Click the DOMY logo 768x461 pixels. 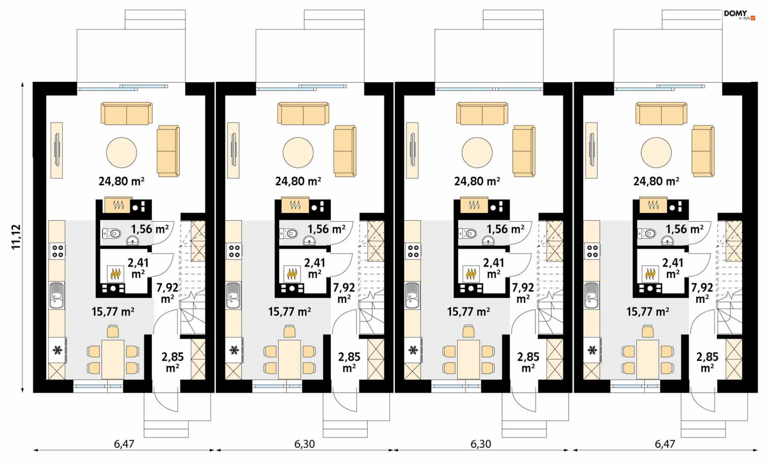pos(739,15)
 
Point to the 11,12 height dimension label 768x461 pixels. pos(16,237)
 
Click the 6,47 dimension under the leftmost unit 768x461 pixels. pos(124,444)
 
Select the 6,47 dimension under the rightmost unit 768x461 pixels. pos(665,444)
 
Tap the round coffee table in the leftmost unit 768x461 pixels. pos(122,152)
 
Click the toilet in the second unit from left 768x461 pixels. pos(289,233)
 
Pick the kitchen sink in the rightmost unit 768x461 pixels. pos(591,295)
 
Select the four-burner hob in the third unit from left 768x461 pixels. pos(413,251)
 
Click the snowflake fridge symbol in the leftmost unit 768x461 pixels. pos(58,350)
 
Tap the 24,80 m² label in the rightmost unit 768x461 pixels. pos(656,182)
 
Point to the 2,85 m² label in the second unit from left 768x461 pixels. pos(349,362)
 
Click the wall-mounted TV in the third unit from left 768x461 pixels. pos(412,150)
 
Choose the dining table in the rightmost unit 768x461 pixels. pos(648,359)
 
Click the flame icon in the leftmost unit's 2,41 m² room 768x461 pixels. pos(116,274)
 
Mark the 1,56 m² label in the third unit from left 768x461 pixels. pos(505,229)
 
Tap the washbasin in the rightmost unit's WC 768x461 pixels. pos(667,241)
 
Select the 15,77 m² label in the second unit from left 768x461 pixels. pos(290,312)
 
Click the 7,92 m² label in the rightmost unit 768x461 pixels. pos(702,293)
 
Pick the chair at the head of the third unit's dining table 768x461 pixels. pos(469,331)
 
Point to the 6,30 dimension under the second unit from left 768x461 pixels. pos(304,444)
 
